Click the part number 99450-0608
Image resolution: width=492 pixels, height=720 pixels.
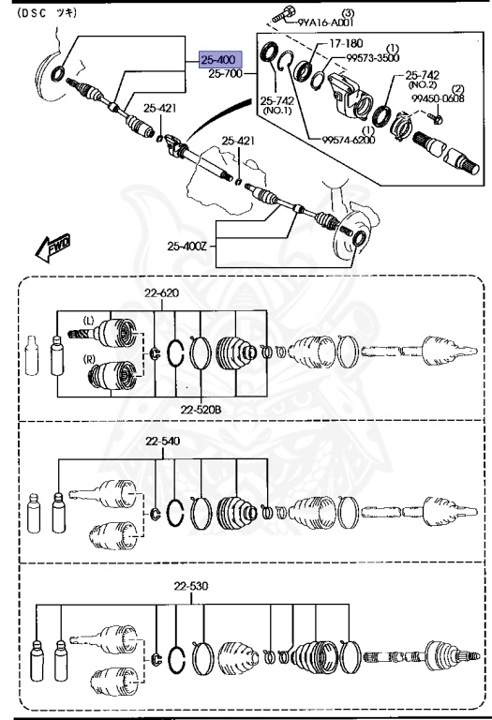click(x=440, y=98)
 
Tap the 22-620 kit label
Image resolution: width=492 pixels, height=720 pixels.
click(x=161, y=292)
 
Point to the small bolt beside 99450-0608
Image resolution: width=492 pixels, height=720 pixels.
click(x=437, y=117)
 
